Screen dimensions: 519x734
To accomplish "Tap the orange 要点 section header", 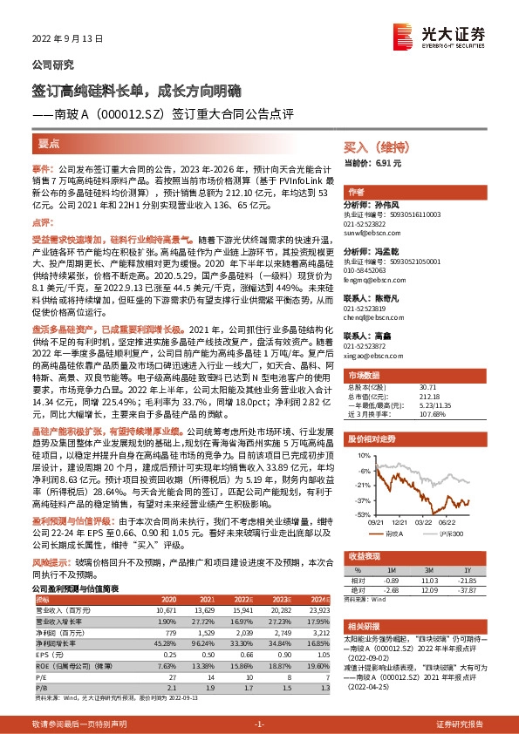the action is pos(49,141).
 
